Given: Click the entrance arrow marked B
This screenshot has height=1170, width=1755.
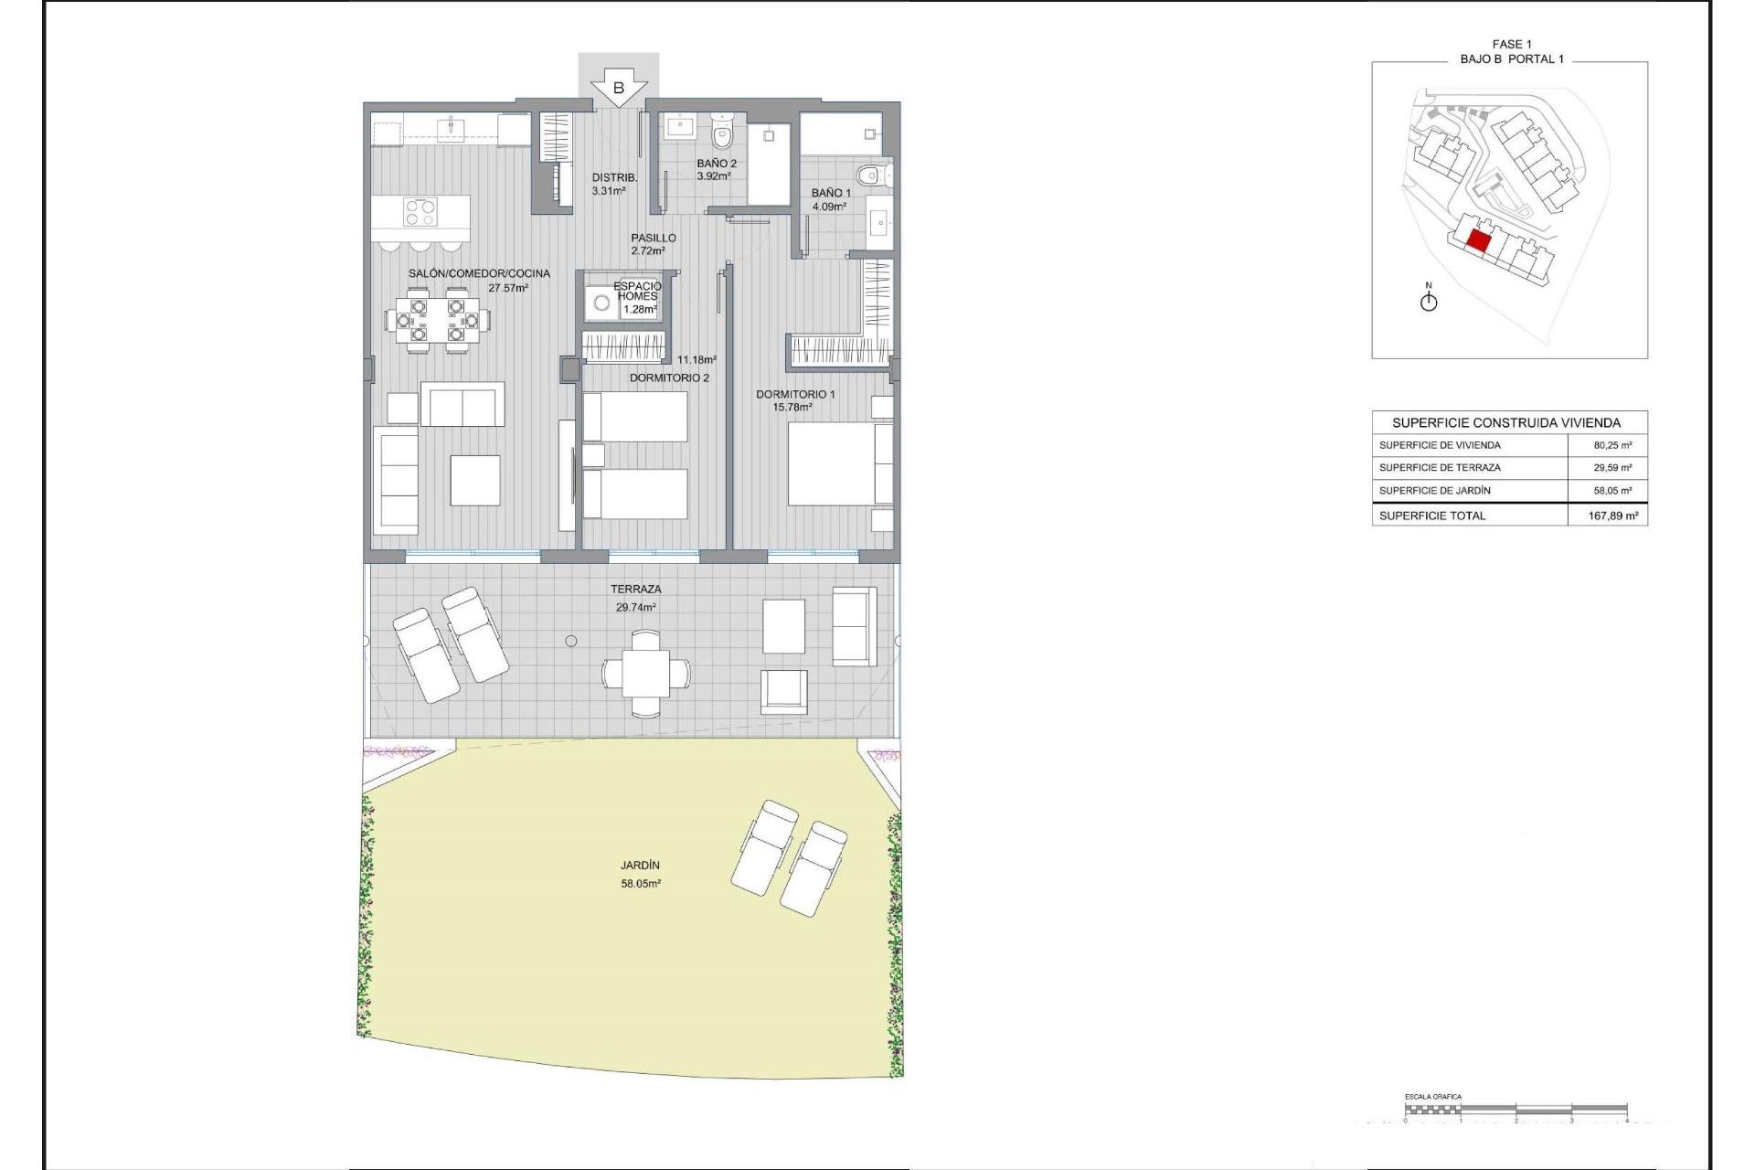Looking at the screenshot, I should [619, 89].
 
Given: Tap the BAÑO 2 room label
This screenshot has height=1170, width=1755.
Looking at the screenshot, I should [716, 164].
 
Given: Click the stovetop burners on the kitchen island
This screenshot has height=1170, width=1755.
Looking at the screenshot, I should [420, 212].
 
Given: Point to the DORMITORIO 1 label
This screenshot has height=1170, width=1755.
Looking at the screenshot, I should [794, 394].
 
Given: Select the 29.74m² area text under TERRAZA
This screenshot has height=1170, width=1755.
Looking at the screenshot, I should [635, 607].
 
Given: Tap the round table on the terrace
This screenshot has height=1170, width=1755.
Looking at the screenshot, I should [646, 674].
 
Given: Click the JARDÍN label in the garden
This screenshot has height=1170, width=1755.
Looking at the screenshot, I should [640, 865].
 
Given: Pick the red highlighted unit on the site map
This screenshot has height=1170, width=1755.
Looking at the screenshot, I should [1478, 241].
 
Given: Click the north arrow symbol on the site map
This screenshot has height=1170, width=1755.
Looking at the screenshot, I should [1429, 299].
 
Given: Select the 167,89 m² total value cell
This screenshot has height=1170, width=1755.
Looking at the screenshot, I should [1612, 516].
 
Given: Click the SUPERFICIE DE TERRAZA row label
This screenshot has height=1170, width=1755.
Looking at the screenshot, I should [1440, 467].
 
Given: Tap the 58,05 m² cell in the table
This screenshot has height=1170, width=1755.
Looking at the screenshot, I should [1612, 491].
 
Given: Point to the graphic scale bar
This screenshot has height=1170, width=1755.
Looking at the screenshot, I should [1516, 1110].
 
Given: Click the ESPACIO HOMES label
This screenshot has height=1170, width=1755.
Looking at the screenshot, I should [637, 291].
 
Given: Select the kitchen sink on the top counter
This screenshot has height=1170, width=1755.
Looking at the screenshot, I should [451, 129].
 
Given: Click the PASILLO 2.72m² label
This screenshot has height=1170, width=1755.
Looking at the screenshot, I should [653, 244].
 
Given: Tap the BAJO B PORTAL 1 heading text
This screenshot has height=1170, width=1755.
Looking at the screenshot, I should [1512, 58].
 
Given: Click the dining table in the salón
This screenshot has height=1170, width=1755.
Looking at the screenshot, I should [437, 321].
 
